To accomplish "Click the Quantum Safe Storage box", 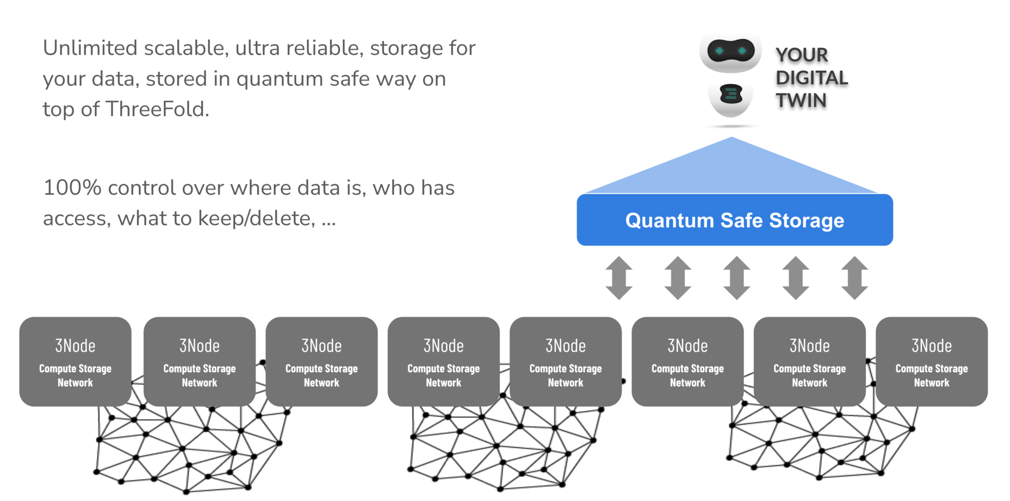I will (x=734, y=220).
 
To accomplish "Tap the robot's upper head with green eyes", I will (x=730, y=52).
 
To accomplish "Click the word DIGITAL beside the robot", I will (x=811, y=78).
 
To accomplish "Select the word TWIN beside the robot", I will (x=801, y=101).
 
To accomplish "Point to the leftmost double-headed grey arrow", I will (x=619, y=278).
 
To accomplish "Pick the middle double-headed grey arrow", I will (x=737, y=278).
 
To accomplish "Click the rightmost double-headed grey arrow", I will (x=854, y=278).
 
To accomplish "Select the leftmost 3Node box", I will (x=75, y=361).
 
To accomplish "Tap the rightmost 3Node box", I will (x=931, y=361).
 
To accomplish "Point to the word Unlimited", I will (x=90, y=48).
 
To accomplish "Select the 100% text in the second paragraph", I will (x=72, y=188).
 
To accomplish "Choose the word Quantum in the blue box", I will (x=669, y=220).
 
